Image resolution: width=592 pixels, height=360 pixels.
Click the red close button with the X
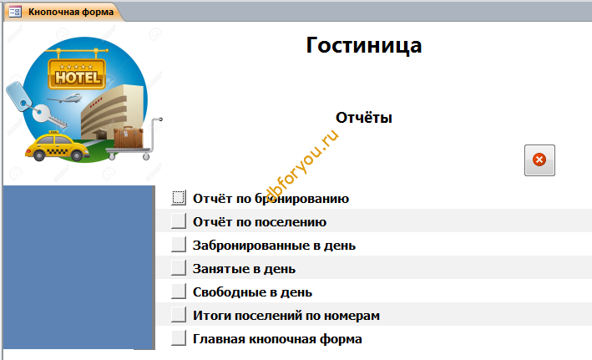tap(539, 160)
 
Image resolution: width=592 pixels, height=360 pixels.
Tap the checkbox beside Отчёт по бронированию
tap(179, 198)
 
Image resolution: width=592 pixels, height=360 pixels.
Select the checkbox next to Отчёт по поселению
tap(179, 221)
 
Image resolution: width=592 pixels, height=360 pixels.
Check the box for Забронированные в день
tap(179, 245)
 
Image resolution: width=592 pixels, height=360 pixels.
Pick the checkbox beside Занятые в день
tap(179, 268)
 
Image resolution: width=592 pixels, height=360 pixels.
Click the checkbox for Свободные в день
tap(179, 292)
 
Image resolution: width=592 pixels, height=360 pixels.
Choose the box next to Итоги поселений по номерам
tap(179, 315)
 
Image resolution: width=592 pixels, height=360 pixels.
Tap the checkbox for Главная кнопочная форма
tap(179, 338)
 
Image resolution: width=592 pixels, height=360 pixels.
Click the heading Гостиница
tap(363, 46)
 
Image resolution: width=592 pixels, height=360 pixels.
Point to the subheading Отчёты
tap(363, 118)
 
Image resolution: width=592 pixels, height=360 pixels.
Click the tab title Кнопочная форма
tap(71, 12)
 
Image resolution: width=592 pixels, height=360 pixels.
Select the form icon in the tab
tap(15, 12)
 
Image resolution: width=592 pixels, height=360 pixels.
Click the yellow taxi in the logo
tap(57, 146)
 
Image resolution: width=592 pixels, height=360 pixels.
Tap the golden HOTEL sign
tap(77, 74)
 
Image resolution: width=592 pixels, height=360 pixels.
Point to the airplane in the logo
tap(65, 99)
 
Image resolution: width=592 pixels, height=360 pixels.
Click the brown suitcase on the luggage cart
tap(129, 138)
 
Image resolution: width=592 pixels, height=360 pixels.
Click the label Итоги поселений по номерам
tap(286, 316)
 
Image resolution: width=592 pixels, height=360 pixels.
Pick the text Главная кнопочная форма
tap(277, 339)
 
